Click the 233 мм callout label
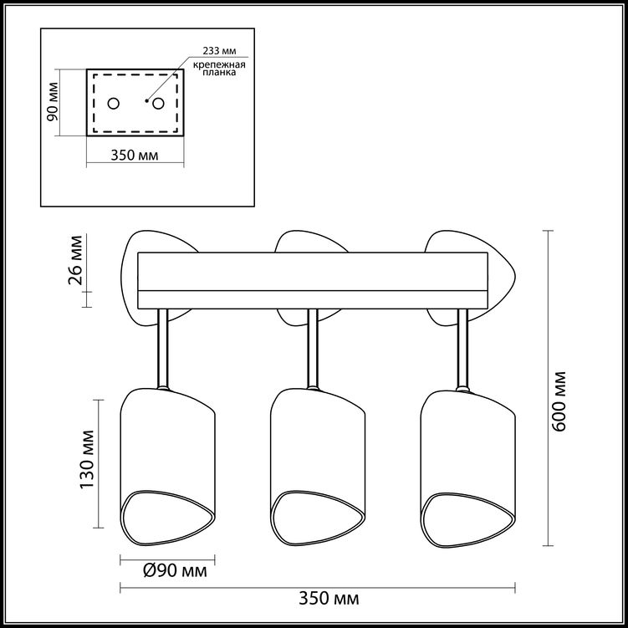pos(219,51)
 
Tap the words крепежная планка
pos(219,69)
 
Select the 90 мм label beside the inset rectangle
pos(53,101)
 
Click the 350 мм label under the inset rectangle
pos(135,155)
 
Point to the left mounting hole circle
pos(114,104)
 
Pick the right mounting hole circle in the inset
pos(158,104)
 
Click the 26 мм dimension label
pos(75,260)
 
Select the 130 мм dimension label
pos(87,459)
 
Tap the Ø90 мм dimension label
pos(175,570)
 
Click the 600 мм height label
pos(559,401)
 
